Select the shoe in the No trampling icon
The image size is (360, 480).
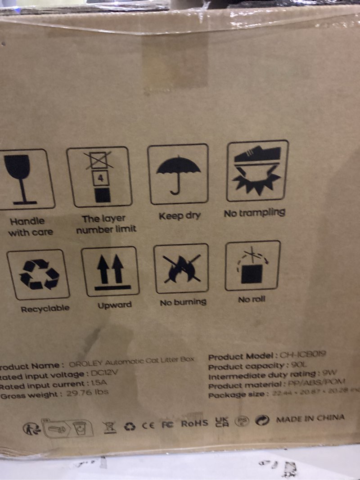click(258, 156)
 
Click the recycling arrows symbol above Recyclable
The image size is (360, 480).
click(39, 274)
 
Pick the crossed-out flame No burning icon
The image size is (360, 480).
click(181, 269)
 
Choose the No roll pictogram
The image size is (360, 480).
click(252, 266)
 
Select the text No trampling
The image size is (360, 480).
click(254, 213)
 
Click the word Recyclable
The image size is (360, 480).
click(45, 309)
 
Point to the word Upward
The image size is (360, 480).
click(115, 305)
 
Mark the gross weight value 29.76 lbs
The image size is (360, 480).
click(88, 392)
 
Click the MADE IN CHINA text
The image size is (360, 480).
click(310, 418)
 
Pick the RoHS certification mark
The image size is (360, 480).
click(194, 423)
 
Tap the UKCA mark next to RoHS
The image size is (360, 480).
click(222, 422)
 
